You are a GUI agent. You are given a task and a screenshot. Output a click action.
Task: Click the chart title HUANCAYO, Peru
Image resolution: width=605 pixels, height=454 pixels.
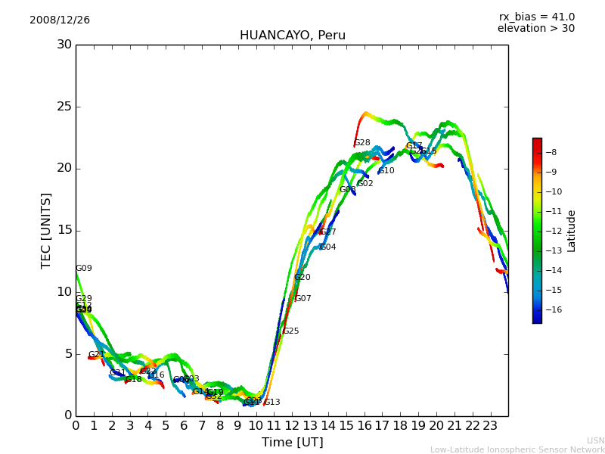coord(292,36)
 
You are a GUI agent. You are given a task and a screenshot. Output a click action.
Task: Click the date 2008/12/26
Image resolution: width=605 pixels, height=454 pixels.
coord(60,20)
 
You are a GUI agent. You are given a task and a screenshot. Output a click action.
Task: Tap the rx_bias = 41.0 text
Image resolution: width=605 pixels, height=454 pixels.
coord(536,17)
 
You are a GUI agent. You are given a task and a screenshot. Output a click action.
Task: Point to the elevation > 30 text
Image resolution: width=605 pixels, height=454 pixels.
coord(535,29)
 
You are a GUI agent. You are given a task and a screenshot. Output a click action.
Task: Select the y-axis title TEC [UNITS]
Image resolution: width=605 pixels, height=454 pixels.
coord(47,230)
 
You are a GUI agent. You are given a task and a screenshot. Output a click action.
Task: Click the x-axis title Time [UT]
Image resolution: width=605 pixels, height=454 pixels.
coord(292,442)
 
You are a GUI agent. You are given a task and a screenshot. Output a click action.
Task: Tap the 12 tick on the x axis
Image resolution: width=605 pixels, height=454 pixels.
coord(292,425)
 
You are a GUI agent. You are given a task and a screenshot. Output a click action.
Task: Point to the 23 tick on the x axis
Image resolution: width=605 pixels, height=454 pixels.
coord(490,425)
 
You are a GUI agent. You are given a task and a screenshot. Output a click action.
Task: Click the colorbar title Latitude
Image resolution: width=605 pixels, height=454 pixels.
coord(572,231)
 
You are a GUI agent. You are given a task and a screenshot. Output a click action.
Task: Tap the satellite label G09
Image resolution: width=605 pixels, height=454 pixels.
coord(83,269)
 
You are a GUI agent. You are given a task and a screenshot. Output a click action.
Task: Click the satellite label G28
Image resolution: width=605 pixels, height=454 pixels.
coord(362,143)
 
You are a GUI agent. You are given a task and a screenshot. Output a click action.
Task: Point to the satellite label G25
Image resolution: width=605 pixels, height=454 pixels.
coord(290,331)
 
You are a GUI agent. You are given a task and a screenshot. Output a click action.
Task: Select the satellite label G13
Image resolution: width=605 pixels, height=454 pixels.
coord(271,403)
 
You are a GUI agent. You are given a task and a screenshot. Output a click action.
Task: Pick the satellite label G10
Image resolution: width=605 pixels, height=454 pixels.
coord(386,171)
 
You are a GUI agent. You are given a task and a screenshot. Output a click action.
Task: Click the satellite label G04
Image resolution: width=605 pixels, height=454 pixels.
coord(327,247)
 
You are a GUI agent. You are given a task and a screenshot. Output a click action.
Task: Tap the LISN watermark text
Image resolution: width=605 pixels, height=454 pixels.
coord(595,440)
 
